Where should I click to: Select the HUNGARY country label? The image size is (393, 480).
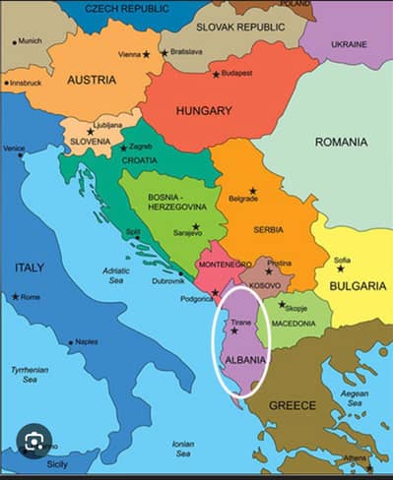tap(204, 111)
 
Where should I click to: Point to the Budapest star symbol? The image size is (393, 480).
tap(216, 74)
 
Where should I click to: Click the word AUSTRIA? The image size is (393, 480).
tap(91, 80)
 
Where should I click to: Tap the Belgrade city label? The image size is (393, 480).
tap(242, 199)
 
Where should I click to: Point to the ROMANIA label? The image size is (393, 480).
tap(341, 143)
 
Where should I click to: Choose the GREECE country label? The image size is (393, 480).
tap(294, 404)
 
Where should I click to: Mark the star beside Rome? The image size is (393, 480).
tap(15, 296)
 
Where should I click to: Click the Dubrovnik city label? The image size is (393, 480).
tap(167, 280)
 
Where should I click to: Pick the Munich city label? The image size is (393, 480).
tap(31, 41)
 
